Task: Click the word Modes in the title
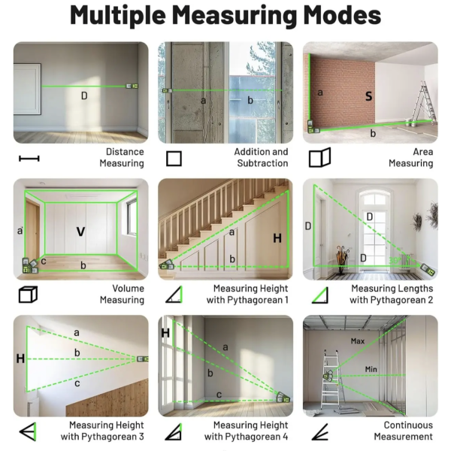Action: pos(342,15)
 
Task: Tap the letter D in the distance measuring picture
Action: pos(84,95)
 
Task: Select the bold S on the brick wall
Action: pos(368,96)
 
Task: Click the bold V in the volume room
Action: pos(81,232)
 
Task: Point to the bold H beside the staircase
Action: pos(277,238)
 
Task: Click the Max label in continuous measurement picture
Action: pos(358,341)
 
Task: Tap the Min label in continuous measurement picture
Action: pos(371,369)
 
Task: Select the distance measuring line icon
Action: pos(29,159)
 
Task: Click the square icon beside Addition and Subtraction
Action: pos(174,159)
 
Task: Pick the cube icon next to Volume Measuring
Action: pos(28,295)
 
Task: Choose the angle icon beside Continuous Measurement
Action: pos(320,431)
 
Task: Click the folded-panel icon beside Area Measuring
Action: pos(320,157)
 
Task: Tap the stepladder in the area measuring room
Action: pos(423,102)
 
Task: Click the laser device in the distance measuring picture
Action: pos(132,86)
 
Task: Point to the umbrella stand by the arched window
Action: pos(342,259)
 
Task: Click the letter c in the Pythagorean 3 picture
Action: pos(77,383)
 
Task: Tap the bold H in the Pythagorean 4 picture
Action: pos(165,333)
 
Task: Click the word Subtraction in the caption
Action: pos(262,163)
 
